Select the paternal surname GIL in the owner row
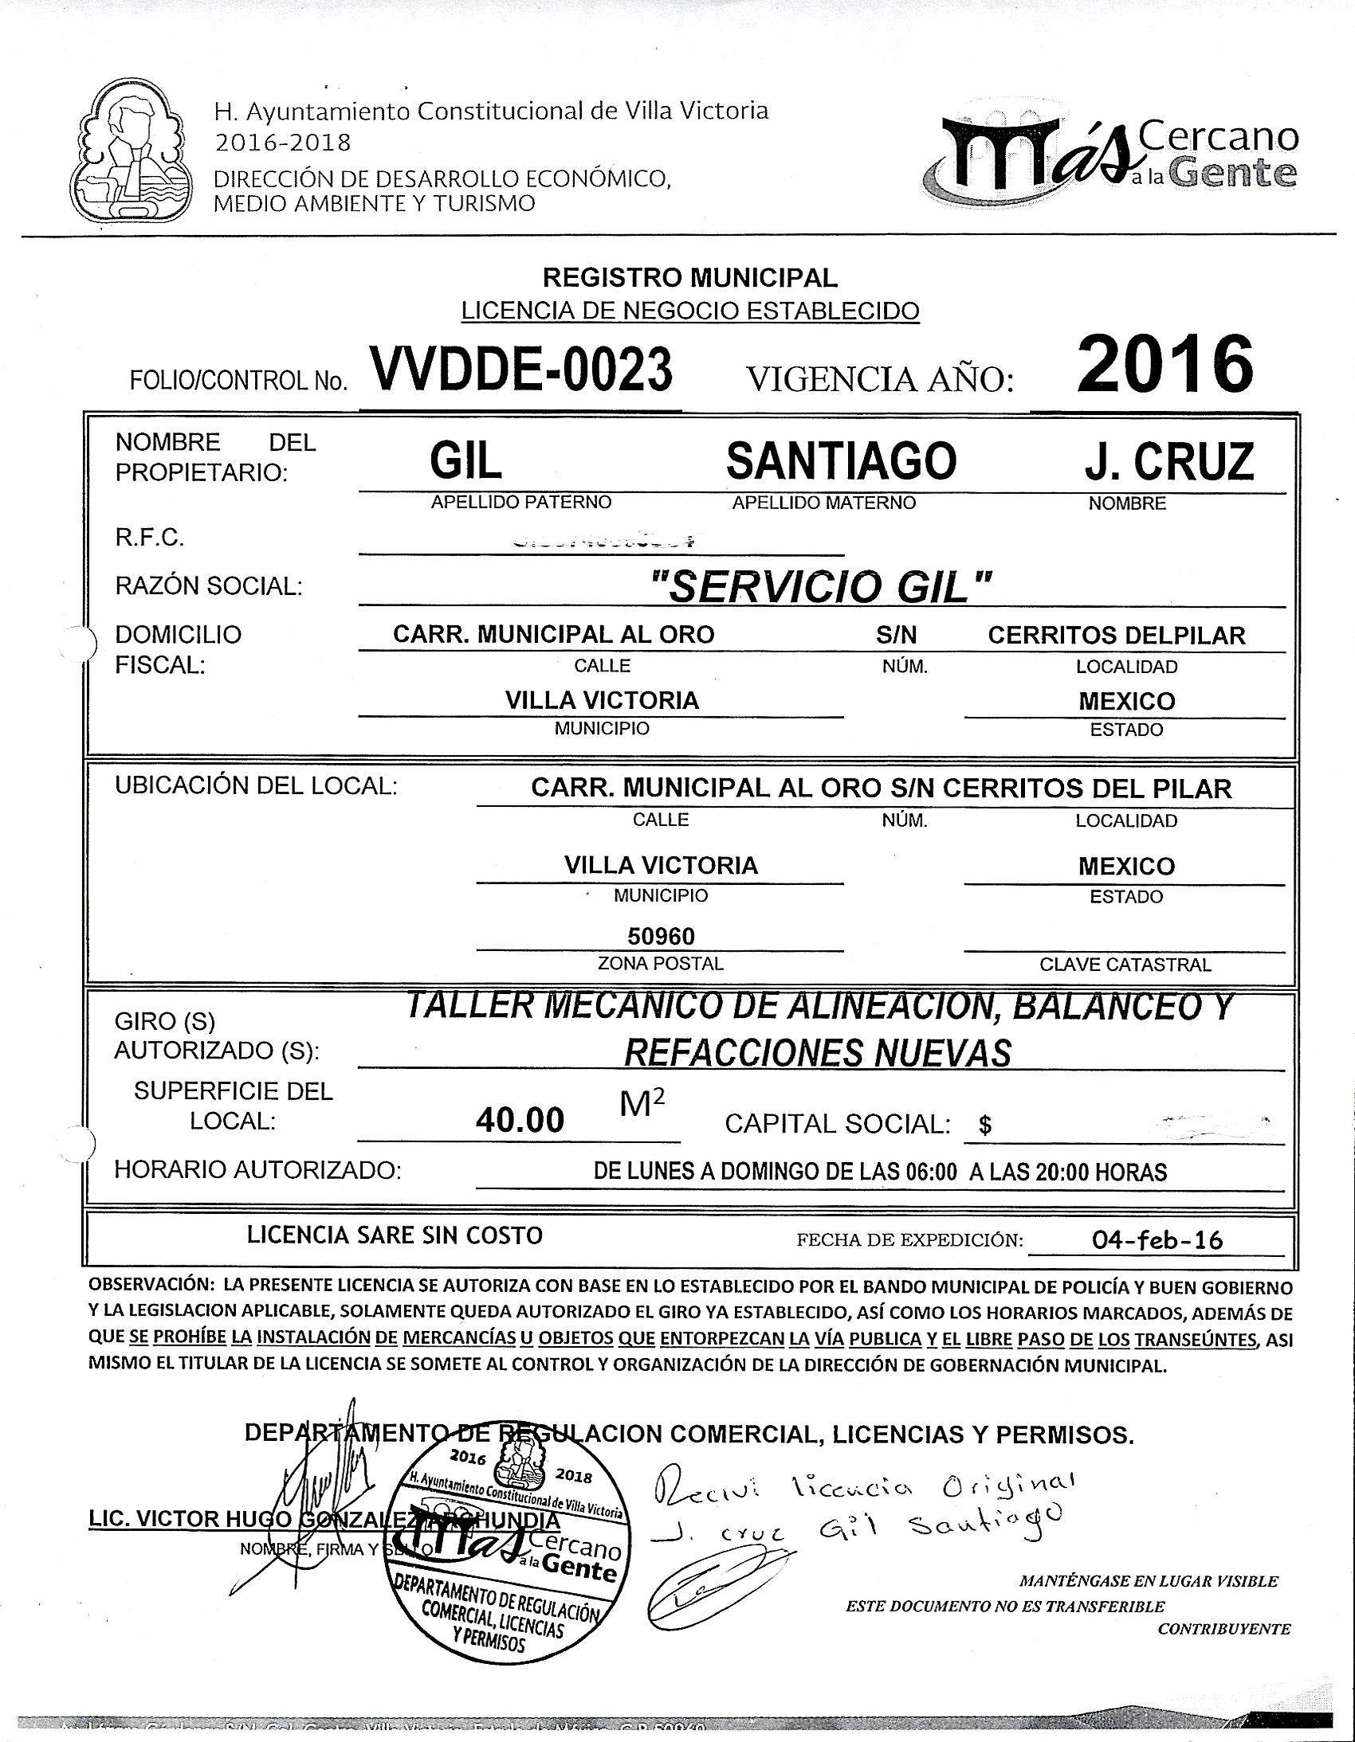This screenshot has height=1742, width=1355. (x=466, y=461)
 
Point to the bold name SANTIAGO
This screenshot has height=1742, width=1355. (x=841, y=461)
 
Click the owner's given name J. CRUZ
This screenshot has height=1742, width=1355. (x=1168, y=461)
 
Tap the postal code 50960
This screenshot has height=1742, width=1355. (x=661, y=936)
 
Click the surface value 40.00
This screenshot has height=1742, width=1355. (x=520, y=1121)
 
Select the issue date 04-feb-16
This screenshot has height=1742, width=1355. (x=1158, y=1239)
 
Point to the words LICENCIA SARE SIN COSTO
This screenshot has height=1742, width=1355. (x=395, y=1235)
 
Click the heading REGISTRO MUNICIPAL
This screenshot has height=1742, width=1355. (x=690, y=277)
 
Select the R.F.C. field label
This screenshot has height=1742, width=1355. (x=150, y=538)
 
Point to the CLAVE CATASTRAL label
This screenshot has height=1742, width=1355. (x=1125, y=965)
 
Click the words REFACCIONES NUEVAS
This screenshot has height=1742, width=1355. (x=818, y=1053)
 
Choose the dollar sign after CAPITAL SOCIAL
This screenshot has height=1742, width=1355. (x=985, y=1125)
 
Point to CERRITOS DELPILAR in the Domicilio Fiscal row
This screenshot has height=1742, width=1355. (x=1117, y=636)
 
